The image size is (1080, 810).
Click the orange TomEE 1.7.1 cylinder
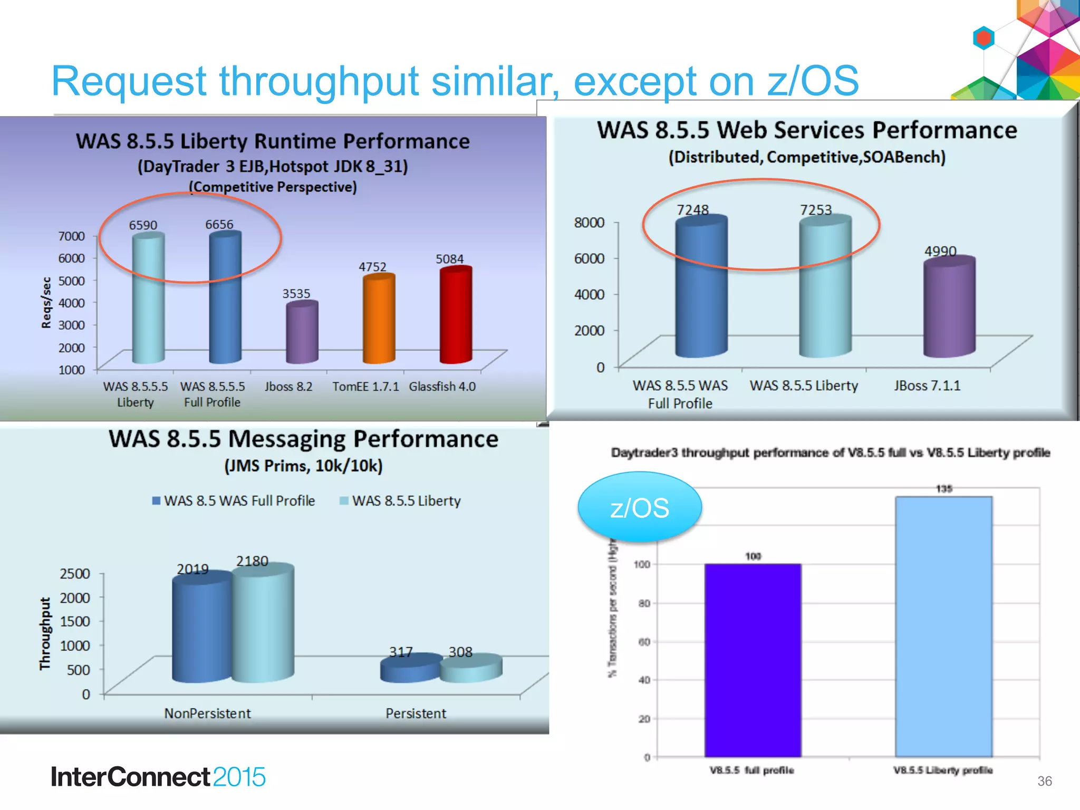tap(379, 320)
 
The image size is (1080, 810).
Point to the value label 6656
tap(219, 225)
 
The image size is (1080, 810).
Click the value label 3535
tap(296, 294)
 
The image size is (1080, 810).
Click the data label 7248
tap(692, 210)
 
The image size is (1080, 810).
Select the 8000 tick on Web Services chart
tap(589, 223)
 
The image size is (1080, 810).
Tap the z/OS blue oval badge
tap(639, 508)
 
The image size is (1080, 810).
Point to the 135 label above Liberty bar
tap(944, 489)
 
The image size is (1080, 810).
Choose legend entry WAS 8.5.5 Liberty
tap(400, 501)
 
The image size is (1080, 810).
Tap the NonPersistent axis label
tap(207, 713)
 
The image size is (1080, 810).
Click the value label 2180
tap(252, 561)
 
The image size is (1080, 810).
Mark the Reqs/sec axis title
tap(46, 303)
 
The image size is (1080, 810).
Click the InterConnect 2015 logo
tap(158, 777)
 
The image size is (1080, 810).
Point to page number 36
tap(1044, 781)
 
